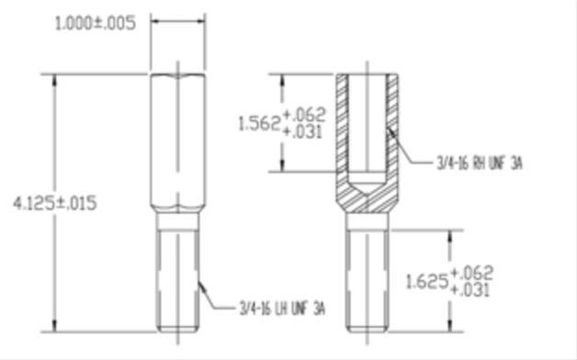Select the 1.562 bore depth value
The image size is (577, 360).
(x=257, y=123)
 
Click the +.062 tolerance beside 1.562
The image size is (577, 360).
(x=305, y=114)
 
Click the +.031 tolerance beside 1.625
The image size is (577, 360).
(x=474, y=289)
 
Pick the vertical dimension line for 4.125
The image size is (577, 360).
(x=58, y=138)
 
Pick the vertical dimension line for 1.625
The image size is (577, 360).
(x=449, y=248)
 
